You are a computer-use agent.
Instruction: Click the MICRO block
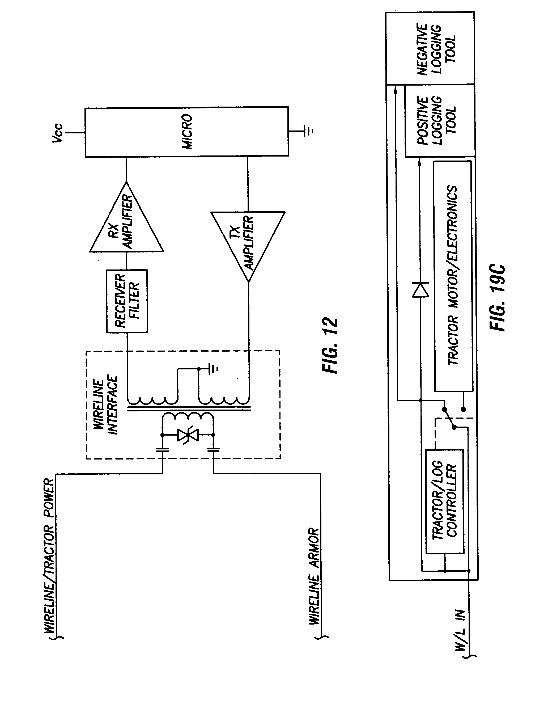point(187,132)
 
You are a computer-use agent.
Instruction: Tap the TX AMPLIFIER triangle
point(248,243)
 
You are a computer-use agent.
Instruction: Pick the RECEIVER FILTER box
point(127,301)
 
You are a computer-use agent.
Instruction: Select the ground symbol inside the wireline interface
point(213,369)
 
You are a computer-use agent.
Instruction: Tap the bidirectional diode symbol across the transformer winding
point(188,435)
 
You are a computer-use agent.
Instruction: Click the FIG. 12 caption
point(330,345)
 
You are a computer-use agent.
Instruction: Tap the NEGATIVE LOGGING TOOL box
point(430,49)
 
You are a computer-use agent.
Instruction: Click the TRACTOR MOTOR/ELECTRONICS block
point(453,276)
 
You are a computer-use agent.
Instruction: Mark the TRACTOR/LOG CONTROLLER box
point(444,501)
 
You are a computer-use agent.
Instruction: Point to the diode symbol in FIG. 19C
point(420,289)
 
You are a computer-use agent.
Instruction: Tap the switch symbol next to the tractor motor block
point(449,418)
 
